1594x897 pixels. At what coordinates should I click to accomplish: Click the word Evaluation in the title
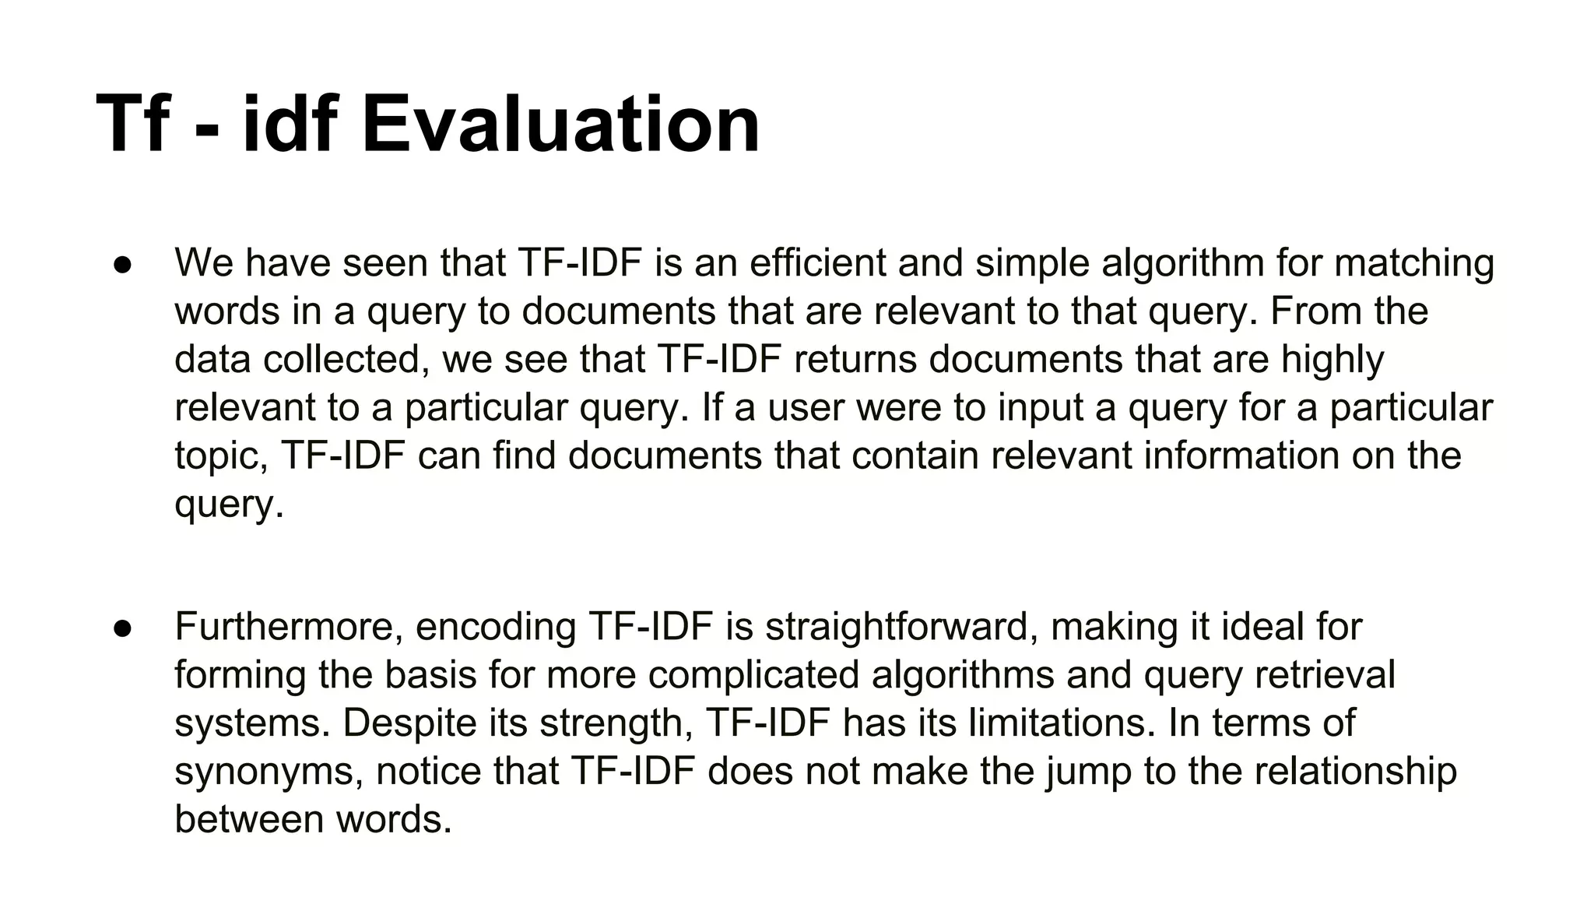(x=560, y=125)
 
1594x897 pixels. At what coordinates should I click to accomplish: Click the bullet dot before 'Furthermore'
(x=122, y=628)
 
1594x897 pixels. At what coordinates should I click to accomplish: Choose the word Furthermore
(x=288, y=628)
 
